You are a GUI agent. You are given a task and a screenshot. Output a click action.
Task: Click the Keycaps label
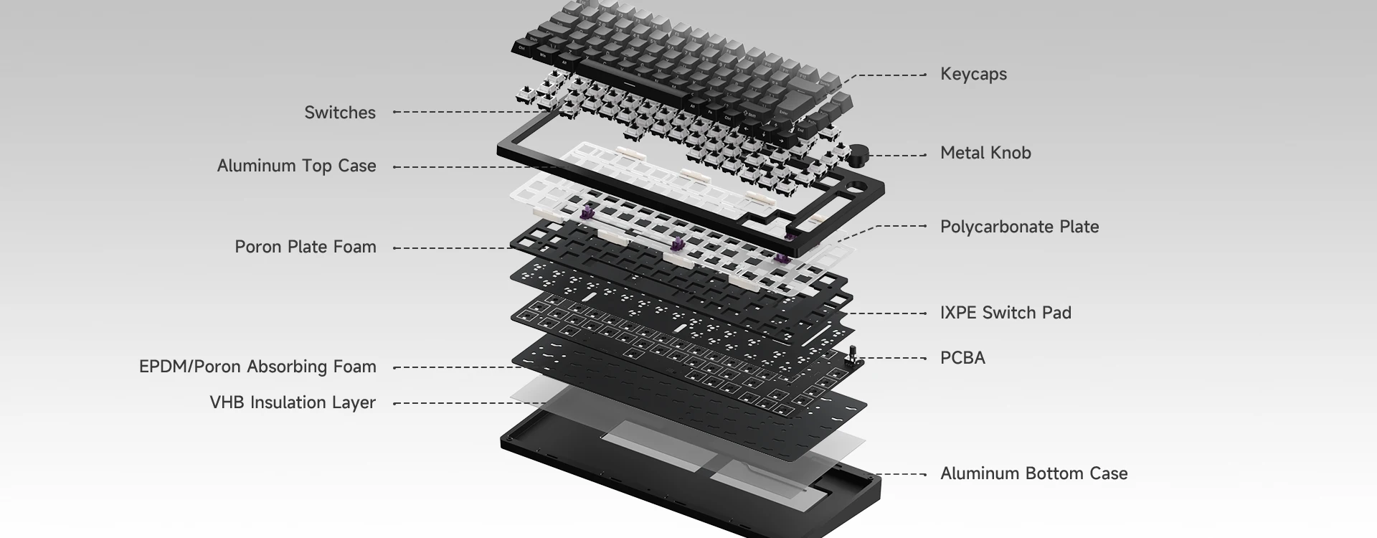973,75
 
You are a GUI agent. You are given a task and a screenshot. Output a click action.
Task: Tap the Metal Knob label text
985,153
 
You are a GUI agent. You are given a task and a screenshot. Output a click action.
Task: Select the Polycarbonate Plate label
1019,227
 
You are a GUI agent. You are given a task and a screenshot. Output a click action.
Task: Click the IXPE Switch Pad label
1005,313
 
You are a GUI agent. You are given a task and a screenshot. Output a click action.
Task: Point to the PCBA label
962,358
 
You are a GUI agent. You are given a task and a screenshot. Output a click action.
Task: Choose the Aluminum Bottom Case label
1033,473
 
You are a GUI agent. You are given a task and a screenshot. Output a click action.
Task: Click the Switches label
340,113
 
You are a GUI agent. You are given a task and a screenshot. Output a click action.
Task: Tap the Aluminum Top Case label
296,166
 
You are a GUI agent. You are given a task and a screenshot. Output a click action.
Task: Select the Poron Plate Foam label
306,247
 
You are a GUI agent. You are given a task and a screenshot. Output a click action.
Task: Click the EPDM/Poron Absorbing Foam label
257,367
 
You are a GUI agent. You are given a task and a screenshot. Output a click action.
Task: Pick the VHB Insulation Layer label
293,402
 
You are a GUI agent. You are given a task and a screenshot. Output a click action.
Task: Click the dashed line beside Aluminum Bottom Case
903,474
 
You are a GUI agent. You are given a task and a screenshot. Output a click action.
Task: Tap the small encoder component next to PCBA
853,357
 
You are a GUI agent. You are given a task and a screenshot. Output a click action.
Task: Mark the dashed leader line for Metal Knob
898,155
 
